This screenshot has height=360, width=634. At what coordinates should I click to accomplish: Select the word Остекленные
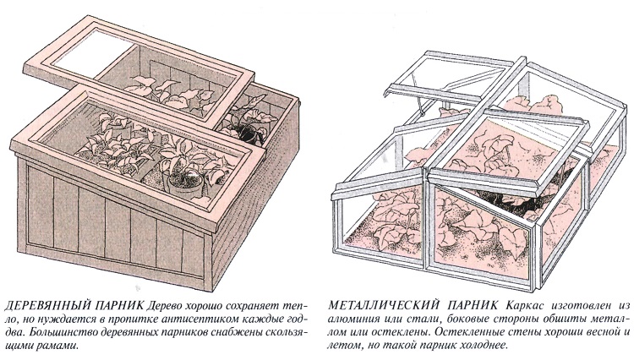click(x=456, y=332)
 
